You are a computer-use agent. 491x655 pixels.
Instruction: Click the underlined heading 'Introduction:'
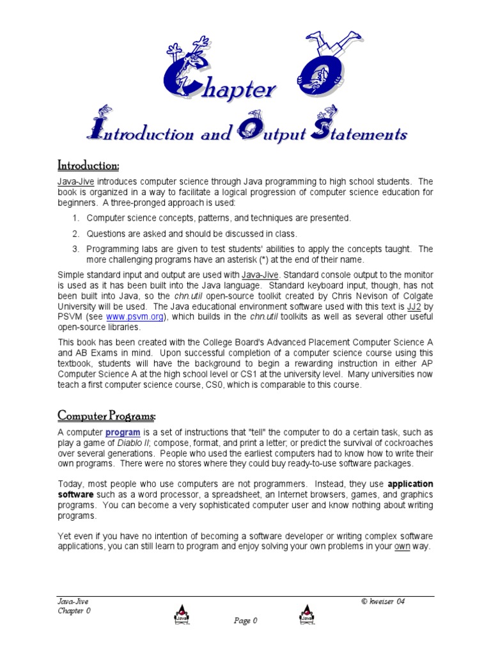88,166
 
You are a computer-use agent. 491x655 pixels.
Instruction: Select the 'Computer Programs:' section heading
106,416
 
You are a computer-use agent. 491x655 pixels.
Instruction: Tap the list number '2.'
75,234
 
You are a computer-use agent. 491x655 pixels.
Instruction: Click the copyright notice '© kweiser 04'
383,601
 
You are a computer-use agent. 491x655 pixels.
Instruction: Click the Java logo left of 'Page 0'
181,615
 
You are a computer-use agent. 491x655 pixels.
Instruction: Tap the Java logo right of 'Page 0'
307,615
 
